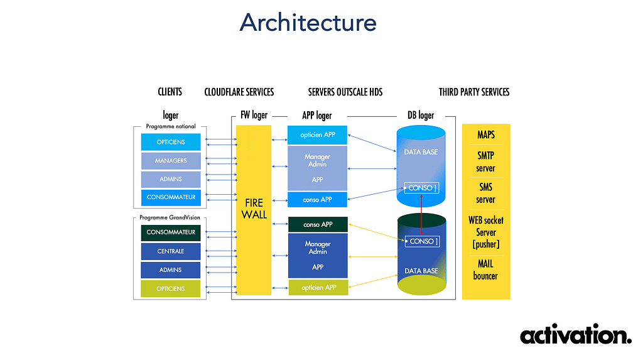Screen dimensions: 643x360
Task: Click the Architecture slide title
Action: [308, 23]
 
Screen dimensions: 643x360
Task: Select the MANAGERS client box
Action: [171, 160]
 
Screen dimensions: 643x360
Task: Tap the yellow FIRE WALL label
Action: [254, 209]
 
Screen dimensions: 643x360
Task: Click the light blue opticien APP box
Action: [317, 135]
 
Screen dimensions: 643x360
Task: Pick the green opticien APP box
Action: [318, 287]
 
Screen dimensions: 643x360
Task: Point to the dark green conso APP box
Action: [318, 224]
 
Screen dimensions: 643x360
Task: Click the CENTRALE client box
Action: [171, 251]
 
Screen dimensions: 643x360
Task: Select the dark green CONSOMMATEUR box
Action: [171, 232]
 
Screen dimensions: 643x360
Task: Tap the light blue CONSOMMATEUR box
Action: [171, 197]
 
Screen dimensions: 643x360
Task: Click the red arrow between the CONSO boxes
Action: [421, 215]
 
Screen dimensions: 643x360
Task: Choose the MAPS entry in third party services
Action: [486, 134]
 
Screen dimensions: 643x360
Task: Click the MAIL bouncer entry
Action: [485, 270]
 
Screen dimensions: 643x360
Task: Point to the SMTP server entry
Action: [485, 161]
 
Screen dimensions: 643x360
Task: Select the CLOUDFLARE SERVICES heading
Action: [239, 92]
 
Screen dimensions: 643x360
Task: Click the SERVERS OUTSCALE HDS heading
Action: [345, 92]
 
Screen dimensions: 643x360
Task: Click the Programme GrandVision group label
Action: [170, 217]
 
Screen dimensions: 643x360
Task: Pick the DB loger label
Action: [421, 116]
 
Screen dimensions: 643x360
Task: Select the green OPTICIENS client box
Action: [171, 288]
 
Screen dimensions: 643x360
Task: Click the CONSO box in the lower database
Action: [423, 241]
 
